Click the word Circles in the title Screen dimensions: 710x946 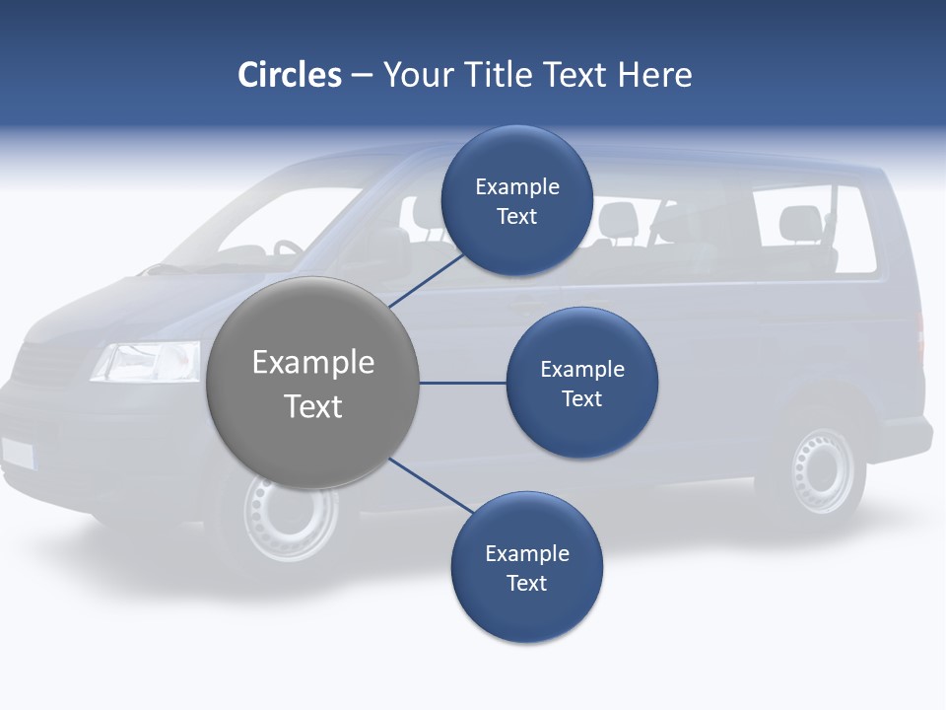[x=290, y=75]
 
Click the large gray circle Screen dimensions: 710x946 [x=313, y=383]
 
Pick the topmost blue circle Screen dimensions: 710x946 [x=517, y=201]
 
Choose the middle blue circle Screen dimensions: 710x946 [x=581, y=383]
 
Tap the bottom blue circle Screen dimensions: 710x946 [x=526, y=568]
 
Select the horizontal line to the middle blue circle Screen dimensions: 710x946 [x=462, y=383]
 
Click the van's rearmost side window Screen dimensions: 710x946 [x=815, y=230]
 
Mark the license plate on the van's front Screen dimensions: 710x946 [x=18, y=453]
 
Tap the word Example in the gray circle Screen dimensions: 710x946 [x=313, y=363]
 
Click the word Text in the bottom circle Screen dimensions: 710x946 [x=526, y=583]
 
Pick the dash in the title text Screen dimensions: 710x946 [x=362, y=75]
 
